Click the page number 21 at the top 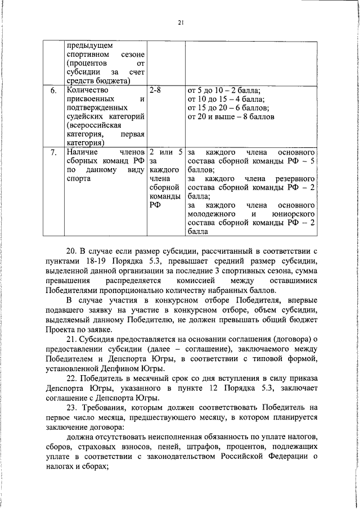click(181, 22)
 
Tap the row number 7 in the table click(53, 152)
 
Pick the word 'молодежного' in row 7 click(211, 214)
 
